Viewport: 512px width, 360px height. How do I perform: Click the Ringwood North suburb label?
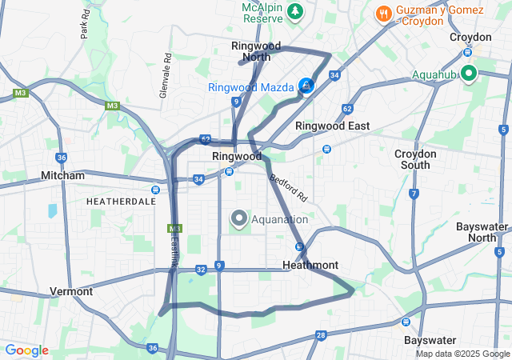point(255,51)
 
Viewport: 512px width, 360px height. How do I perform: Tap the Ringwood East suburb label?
point(332,126)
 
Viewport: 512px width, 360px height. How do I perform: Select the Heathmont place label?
point(310,265)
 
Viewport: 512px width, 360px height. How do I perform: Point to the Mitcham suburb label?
point(62,175)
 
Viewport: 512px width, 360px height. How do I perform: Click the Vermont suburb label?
point(71,291)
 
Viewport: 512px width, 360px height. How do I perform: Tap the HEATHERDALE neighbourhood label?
point(121,202)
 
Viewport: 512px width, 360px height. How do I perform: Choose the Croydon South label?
point(415,159)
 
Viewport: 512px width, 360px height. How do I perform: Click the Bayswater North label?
point(482,232)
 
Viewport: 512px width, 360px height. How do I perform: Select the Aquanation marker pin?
point(239,218)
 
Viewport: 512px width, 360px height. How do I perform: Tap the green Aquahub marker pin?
point(468,74)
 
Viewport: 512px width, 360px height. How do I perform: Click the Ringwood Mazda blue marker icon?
point(306,86)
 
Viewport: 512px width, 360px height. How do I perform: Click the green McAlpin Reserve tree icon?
point(296,12)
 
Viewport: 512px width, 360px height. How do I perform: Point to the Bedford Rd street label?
point(288,188)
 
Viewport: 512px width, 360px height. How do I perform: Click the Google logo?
point(26,350)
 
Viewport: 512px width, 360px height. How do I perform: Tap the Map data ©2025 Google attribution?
point(462,354)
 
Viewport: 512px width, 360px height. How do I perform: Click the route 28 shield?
point(321,335)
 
